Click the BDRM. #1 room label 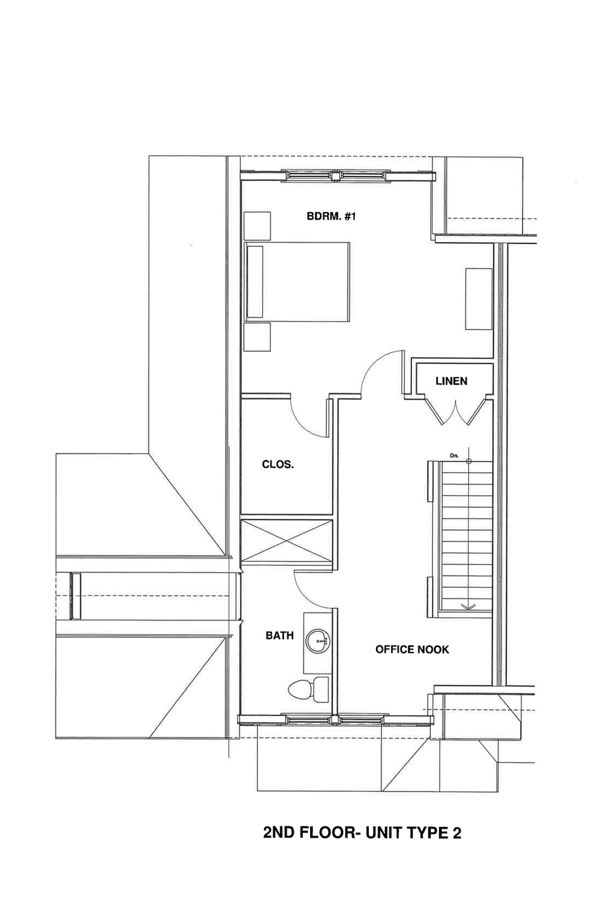tap(331, 217)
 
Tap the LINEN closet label tap(451, 381)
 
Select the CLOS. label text tap(278, 465)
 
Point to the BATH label tap(280, 636)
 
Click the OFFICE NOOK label tap(412, 650)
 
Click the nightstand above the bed tap(257, 226)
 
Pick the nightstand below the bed tap(257, 337)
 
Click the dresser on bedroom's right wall tap(478, 299)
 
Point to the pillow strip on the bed tap(255, 282)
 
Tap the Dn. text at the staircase tap(454, 456)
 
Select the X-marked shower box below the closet tap(287, 541)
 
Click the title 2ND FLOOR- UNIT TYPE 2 tap(362, 833)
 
